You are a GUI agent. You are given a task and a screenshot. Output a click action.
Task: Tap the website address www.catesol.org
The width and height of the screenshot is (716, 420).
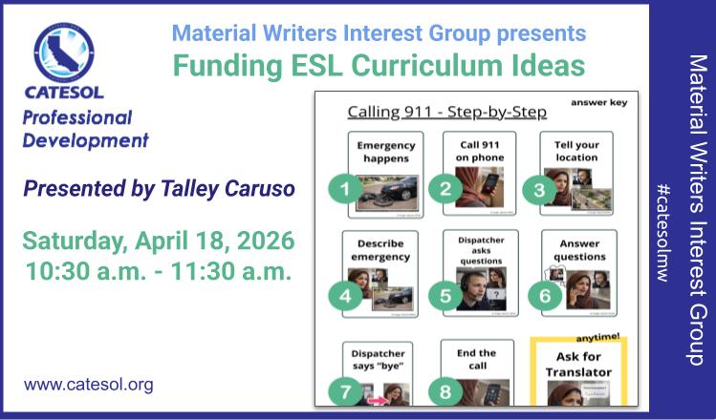coord(88,386)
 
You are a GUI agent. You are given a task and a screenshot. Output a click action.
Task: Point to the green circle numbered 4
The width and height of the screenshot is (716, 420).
coord(345,295)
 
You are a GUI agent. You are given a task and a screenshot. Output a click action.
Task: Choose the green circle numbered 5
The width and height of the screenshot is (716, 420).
coord(445,295)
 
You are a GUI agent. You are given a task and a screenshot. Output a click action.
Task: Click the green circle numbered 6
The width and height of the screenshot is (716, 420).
coord(543,295)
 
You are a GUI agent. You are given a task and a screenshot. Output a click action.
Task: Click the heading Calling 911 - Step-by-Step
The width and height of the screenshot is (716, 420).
coord(446,112)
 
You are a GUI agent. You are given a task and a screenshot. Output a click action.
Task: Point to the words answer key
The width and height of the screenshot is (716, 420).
coord(598,101)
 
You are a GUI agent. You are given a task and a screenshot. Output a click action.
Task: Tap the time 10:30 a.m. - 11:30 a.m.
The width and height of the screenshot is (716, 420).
coord(158,269)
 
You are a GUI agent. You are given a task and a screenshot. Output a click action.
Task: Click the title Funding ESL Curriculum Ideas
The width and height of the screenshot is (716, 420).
coord(378,66)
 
